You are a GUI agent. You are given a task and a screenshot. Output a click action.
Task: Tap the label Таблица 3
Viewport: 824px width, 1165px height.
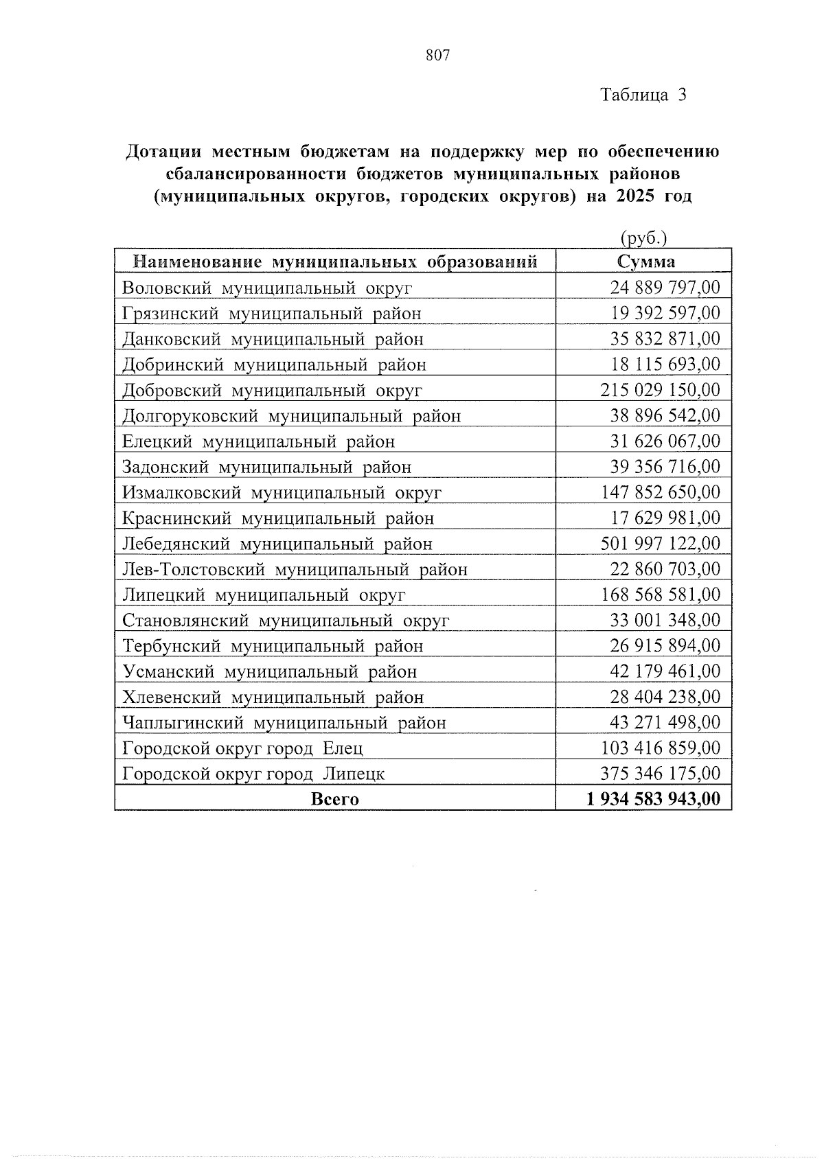tap(643, 95)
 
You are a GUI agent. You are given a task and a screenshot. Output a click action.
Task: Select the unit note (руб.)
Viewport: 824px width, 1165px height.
tap(644, 238)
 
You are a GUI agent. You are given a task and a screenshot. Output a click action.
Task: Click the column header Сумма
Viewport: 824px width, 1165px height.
tap(645, 262)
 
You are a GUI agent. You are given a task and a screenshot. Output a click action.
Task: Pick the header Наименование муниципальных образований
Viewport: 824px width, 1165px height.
tap(334, 262)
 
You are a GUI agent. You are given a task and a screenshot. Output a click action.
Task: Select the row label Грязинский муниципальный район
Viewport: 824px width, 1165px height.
tap(272, 314)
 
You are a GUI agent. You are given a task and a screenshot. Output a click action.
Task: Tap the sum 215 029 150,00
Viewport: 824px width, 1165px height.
tap(661, 390)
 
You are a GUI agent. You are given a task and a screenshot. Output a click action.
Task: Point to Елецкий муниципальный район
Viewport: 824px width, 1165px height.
tap(259, 441)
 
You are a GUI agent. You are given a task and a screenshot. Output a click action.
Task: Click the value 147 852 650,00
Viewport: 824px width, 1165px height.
tap(661, 492)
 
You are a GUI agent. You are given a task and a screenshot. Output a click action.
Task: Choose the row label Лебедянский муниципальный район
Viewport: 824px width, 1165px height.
tap(277, 544)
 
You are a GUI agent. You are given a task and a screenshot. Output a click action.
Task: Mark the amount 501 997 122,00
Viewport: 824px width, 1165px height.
tap(661, 544)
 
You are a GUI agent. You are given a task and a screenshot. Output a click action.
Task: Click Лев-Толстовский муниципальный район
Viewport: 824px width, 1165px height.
tap(295, 569)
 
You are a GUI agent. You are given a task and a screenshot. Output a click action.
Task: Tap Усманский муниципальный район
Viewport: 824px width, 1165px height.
tap(270, 671)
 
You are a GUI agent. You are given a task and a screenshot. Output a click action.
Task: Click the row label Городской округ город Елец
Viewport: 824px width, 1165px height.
tap(242, 748)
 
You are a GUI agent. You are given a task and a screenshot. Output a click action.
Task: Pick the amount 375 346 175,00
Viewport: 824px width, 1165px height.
tap(661, 774)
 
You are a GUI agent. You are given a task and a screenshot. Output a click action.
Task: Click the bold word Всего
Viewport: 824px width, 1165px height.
tap(334, 799)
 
